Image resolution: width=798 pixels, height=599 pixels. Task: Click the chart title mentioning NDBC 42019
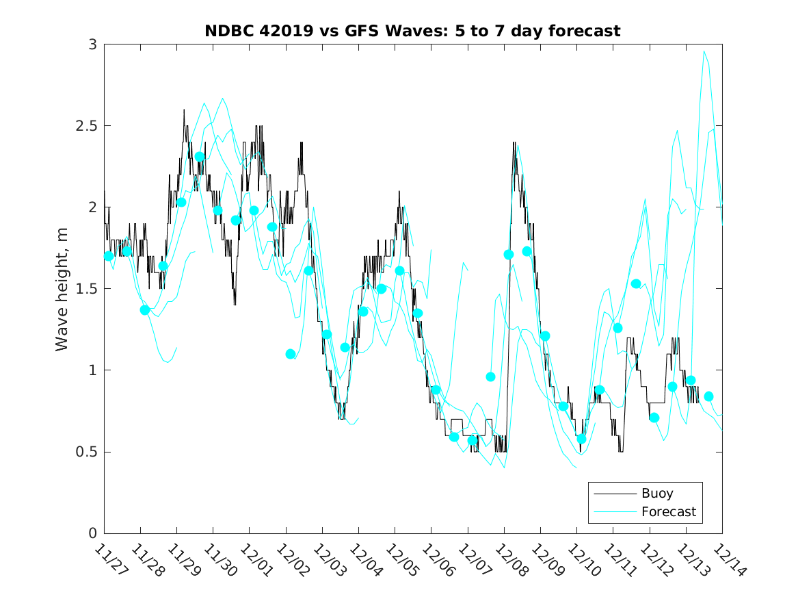click(412, 31)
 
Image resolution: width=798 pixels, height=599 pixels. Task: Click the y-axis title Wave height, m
click(62, 288)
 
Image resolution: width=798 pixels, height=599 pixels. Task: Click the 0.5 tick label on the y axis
click(86, 452)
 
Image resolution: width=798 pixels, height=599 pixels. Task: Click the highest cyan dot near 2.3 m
click(200, 157)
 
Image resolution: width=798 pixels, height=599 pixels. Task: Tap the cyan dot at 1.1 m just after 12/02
click(291, 354)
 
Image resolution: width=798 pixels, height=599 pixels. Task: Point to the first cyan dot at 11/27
click(109, 256)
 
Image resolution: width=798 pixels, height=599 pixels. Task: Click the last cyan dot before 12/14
click(709, 396)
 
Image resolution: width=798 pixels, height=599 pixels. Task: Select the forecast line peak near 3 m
click(704, 51)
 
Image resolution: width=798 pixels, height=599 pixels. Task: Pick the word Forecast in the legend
click(668, 511)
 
